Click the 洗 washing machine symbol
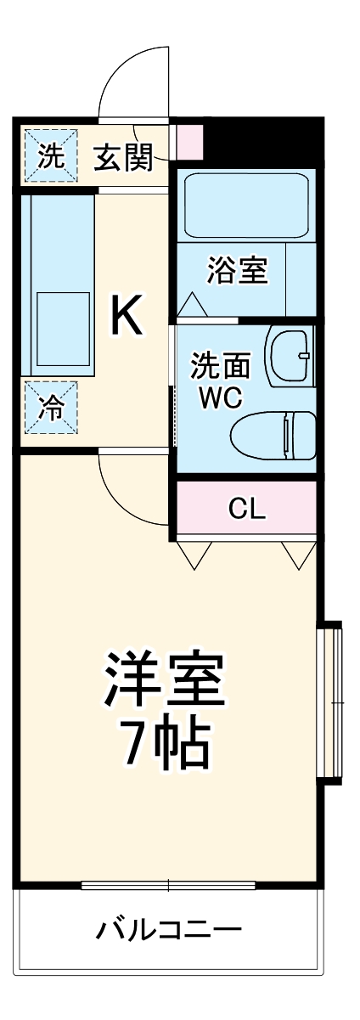(50, 156)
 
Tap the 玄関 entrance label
(124, 157)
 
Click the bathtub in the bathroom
(246, 206)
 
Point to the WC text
(220, 397)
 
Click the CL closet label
(247, 508)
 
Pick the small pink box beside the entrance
(189, 140)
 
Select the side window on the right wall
(330, 704)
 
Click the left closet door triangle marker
(194, 553)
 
